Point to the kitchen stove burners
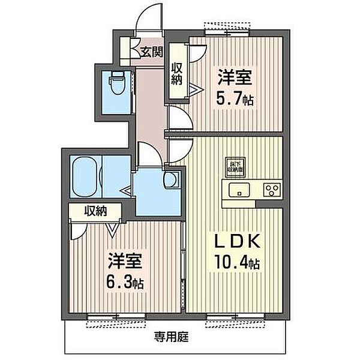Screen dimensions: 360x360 click(x=272, y=191)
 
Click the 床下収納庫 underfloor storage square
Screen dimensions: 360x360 click(x=235, y=167)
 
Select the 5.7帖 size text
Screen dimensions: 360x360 click(x=235, y=99)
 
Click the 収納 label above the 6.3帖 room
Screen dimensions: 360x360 click(x=95, y=211)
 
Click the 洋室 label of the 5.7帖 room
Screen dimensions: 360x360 click(x=235, y=77)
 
